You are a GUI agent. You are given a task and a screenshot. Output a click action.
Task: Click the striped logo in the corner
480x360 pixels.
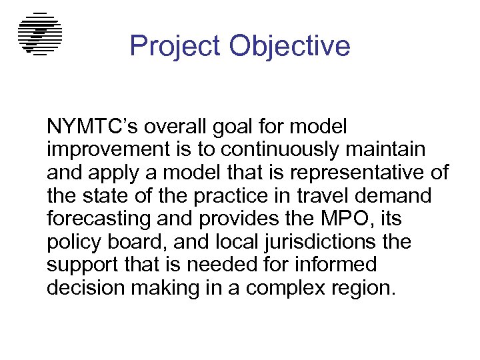coord(40,34)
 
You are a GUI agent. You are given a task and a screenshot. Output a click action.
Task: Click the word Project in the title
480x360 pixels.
coord(175,46)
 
